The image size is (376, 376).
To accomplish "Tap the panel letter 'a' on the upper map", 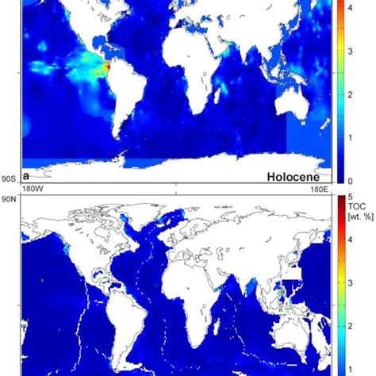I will click(x=27, y=174).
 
